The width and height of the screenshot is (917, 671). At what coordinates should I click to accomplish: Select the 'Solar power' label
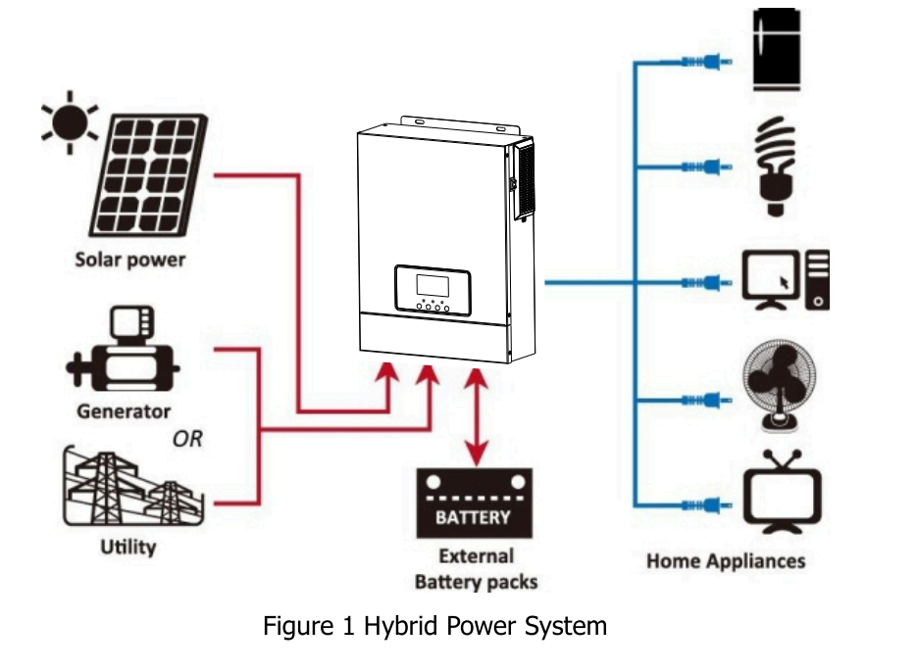click(129, 262)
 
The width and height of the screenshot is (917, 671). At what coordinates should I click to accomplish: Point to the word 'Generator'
click(124, 411)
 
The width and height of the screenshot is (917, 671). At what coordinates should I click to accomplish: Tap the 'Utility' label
click(127, 547)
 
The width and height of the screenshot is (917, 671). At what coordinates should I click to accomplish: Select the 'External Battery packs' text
click(476, 569)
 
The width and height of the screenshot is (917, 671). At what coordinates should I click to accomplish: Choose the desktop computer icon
click(785, 280)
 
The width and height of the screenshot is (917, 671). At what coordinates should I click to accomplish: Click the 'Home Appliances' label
click(726, 561)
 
